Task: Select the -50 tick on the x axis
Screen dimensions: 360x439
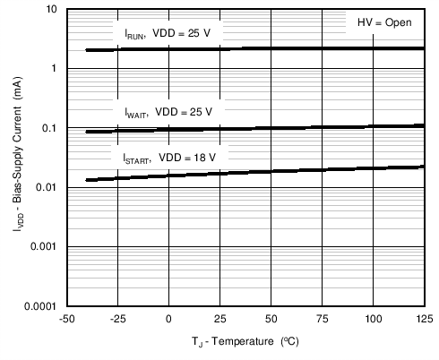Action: pyautogui.click(x=66, y=319)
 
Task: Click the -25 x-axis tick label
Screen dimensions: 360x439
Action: pyautogui.click(x=117, y=319)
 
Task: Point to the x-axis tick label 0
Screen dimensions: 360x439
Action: pyautogui.click(x=168, y=319)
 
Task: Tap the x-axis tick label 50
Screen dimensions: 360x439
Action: pyautogui.click(x=271, y=319)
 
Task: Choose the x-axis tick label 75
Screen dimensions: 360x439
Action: pyautogui.click(x=322, y=319)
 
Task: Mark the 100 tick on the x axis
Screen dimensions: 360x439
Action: pyautogui.click(x=373, y=319)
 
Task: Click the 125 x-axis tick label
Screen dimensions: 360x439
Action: pyautogui.click(x=423, y=319)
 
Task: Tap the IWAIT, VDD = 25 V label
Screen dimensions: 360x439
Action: pyautogui.click(x=168, y=113)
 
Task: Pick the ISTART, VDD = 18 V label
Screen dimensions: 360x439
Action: pyautogui.click(x=169, y=158)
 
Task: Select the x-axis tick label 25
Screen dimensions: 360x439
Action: pyautogui.click(x=219, y=319)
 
